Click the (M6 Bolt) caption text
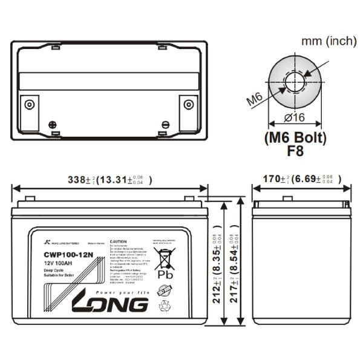(x=296, y=138)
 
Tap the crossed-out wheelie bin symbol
(x=165, y=258)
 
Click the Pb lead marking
(x=165, y=274)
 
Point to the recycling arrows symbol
(x=165, y=307)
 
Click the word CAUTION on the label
(x=118, y=241)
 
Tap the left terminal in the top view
(x=30, y=103)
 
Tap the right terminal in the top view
(x=188, y=103)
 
